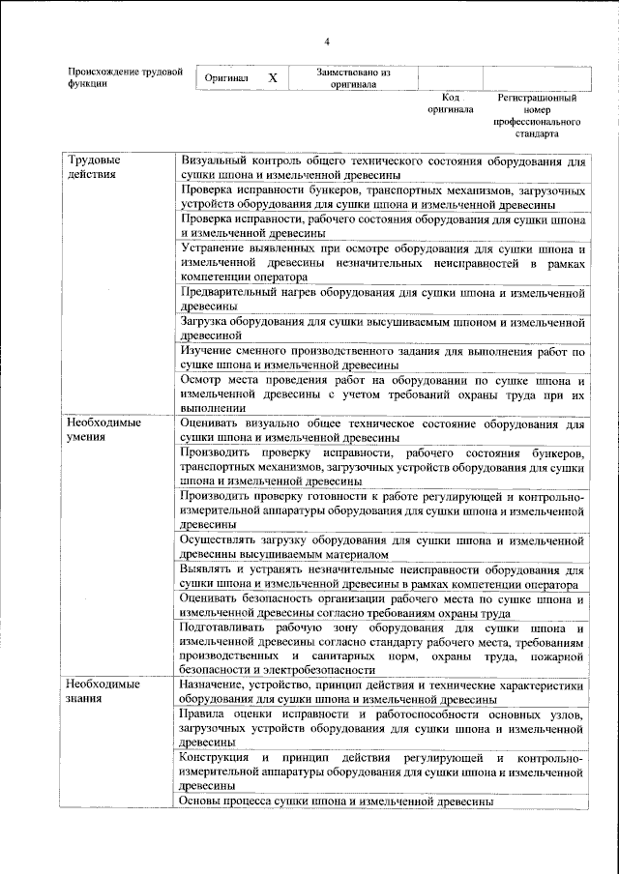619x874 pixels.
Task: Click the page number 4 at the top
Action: click(x=327, y=43)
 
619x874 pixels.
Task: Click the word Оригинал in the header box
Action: click(x=227, y=78)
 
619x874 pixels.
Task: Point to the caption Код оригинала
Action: click(x=450, y=103)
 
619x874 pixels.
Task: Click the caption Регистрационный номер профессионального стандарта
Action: click(x=537, y=116)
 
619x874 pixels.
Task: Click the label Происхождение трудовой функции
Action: click(x=125, y=77)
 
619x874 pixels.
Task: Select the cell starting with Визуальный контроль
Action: click(x=383, y=166)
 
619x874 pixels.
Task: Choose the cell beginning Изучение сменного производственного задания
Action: click(x=383, y=358)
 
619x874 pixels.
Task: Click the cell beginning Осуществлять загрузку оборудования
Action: click(x=383, y=546)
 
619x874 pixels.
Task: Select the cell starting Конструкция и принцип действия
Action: click(x=383, y=771)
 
